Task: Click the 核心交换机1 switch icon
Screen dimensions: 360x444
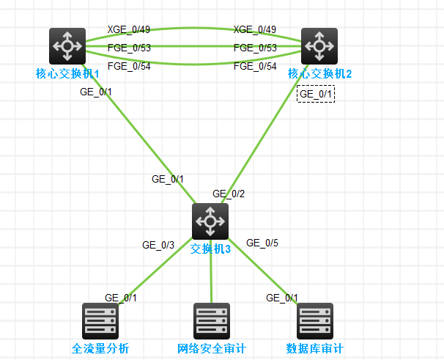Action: (67, 46)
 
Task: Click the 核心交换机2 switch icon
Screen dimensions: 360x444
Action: (319, 46)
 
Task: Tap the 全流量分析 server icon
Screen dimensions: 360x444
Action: (100, 320)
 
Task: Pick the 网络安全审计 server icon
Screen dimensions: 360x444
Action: (212, 320)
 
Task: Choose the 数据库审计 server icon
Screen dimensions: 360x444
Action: (315, 320)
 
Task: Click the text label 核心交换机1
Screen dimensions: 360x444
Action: (67, 73)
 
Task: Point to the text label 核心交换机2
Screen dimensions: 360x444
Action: (320, 73)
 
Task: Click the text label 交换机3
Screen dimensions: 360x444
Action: (210, 249)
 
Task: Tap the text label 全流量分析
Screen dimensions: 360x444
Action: (100, 348)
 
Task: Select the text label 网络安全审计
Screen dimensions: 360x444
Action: (212, 348)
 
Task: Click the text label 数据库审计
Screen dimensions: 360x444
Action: (315, 348)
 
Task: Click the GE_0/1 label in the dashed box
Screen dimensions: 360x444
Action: (316, 94)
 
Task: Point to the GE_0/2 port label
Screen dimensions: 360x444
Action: (229, 194)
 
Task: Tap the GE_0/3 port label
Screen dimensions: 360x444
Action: (158, 245)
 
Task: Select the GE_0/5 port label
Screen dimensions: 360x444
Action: (262, 243)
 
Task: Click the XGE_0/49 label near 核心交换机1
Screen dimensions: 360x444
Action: (128, 29)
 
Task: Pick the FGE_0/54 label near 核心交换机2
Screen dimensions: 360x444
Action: (255, 67)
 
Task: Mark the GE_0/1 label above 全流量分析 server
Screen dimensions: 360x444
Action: (121, 298)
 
